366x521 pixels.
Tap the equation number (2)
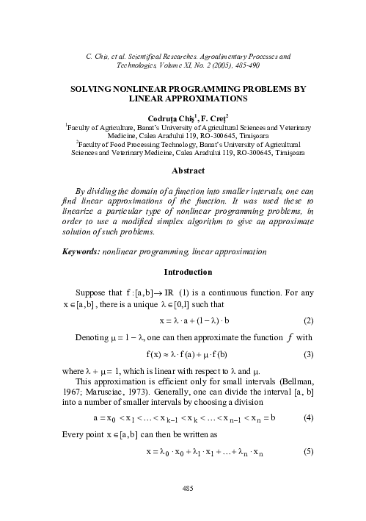[x=309, y=321]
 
